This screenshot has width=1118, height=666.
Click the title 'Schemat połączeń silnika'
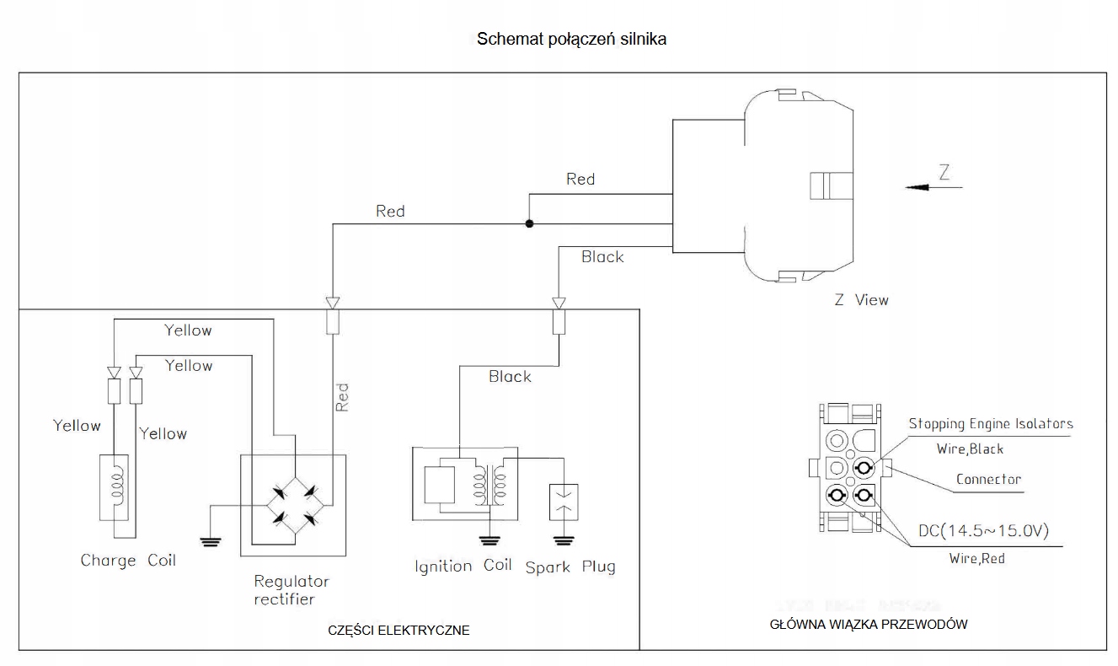572,39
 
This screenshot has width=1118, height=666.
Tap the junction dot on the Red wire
529,224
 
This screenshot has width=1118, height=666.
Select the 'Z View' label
861,299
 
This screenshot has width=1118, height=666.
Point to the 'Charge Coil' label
128,560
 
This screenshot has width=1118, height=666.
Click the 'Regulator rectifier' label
292,590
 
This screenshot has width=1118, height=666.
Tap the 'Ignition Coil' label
463,566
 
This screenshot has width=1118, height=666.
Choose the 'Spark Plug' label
570,567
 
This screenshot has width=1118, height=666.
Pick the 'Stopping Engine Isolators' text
991,424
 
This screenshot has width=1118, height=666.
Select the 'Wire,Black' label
970,449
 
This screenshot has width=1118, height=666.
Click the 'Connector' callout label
988,480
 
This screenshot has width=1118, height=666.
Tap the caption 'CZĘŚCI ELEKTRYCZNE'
399,631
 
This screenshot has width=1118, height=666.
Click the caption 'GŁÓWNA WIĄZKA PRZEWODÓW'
869,625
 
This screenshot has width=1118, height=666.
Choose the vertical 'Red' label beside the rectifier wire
341,397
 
